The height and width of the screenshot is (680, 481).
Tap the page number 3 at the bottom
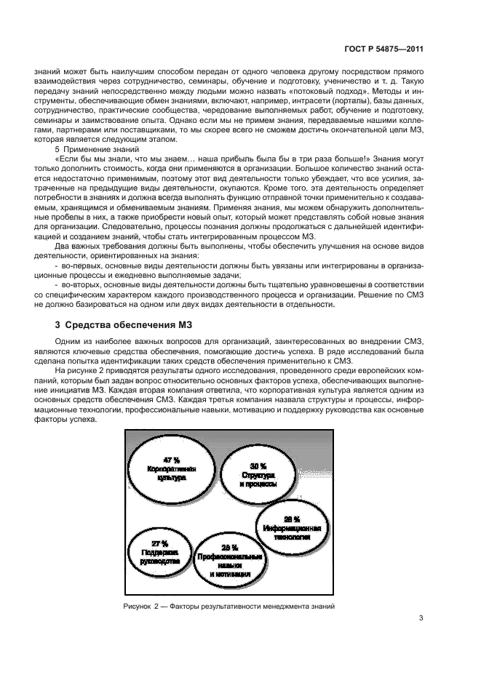point(421,619)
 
